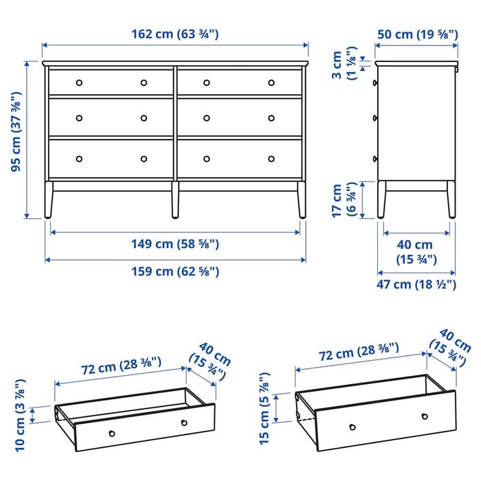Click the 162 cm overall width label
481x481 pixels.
[175, 34]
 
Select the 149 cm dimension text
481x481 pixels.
[175, 243]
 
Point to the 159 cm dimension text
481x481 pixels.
[175, 271]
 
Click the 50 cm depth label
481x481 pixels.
[416, 34]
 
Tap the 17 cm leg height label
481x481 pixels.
[341, 200]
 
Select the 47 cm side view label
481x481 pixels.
[416, 284]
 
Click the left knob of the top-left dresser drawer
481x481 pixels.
[78, 82]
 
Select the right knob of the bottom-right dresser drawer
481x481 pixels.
[271, 159]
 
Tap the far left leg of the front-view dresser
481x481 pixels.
[47, 201]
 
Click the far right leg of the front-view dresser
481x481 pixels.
[300, 201]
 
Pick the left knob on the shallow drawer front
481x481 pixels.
[112, 433]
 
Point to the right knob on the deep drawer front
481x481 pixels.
[425, 416]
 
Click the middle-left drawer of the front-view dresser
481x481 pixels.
[111, 118]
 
